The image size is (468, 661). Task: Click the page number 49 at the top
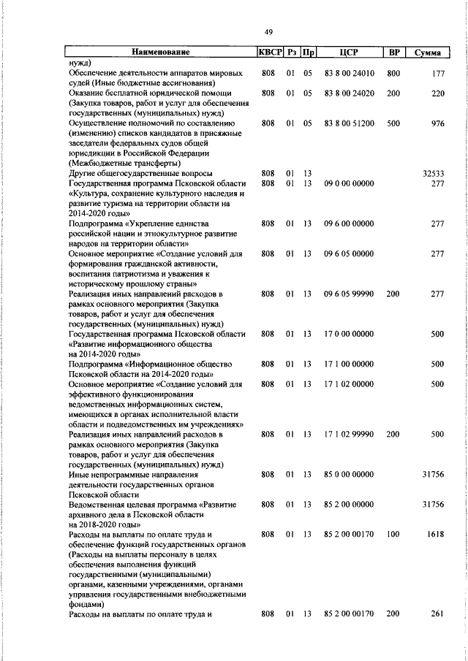pyautogui.click(x=268, y=31)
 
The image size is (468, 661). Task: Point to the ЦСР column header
pyautogui.click(x=348, y=53)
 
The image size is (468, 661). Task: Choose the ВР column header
pyautogui.click(x=393, y=53)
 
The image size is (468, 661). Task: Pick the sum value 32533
pyautogui.click(x=434, y=174)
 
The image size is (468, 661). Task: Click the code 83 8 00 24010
pyautogui.click(x=348, y=73)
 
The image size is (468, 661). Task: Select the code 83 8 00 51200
pyautogui.click(x=348, y=123)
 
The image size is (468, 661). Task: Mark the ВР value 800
pyautogui.click(x=393, y=73)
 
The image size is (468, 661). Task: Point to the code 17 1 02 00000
pyautogui.click(x=348, y=384)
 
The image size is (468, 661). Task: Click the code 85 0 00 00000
pyautogui.click(x=348, y=475)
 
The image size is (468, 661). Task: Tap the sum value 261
pyautogui.click(x=437, y=614)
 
